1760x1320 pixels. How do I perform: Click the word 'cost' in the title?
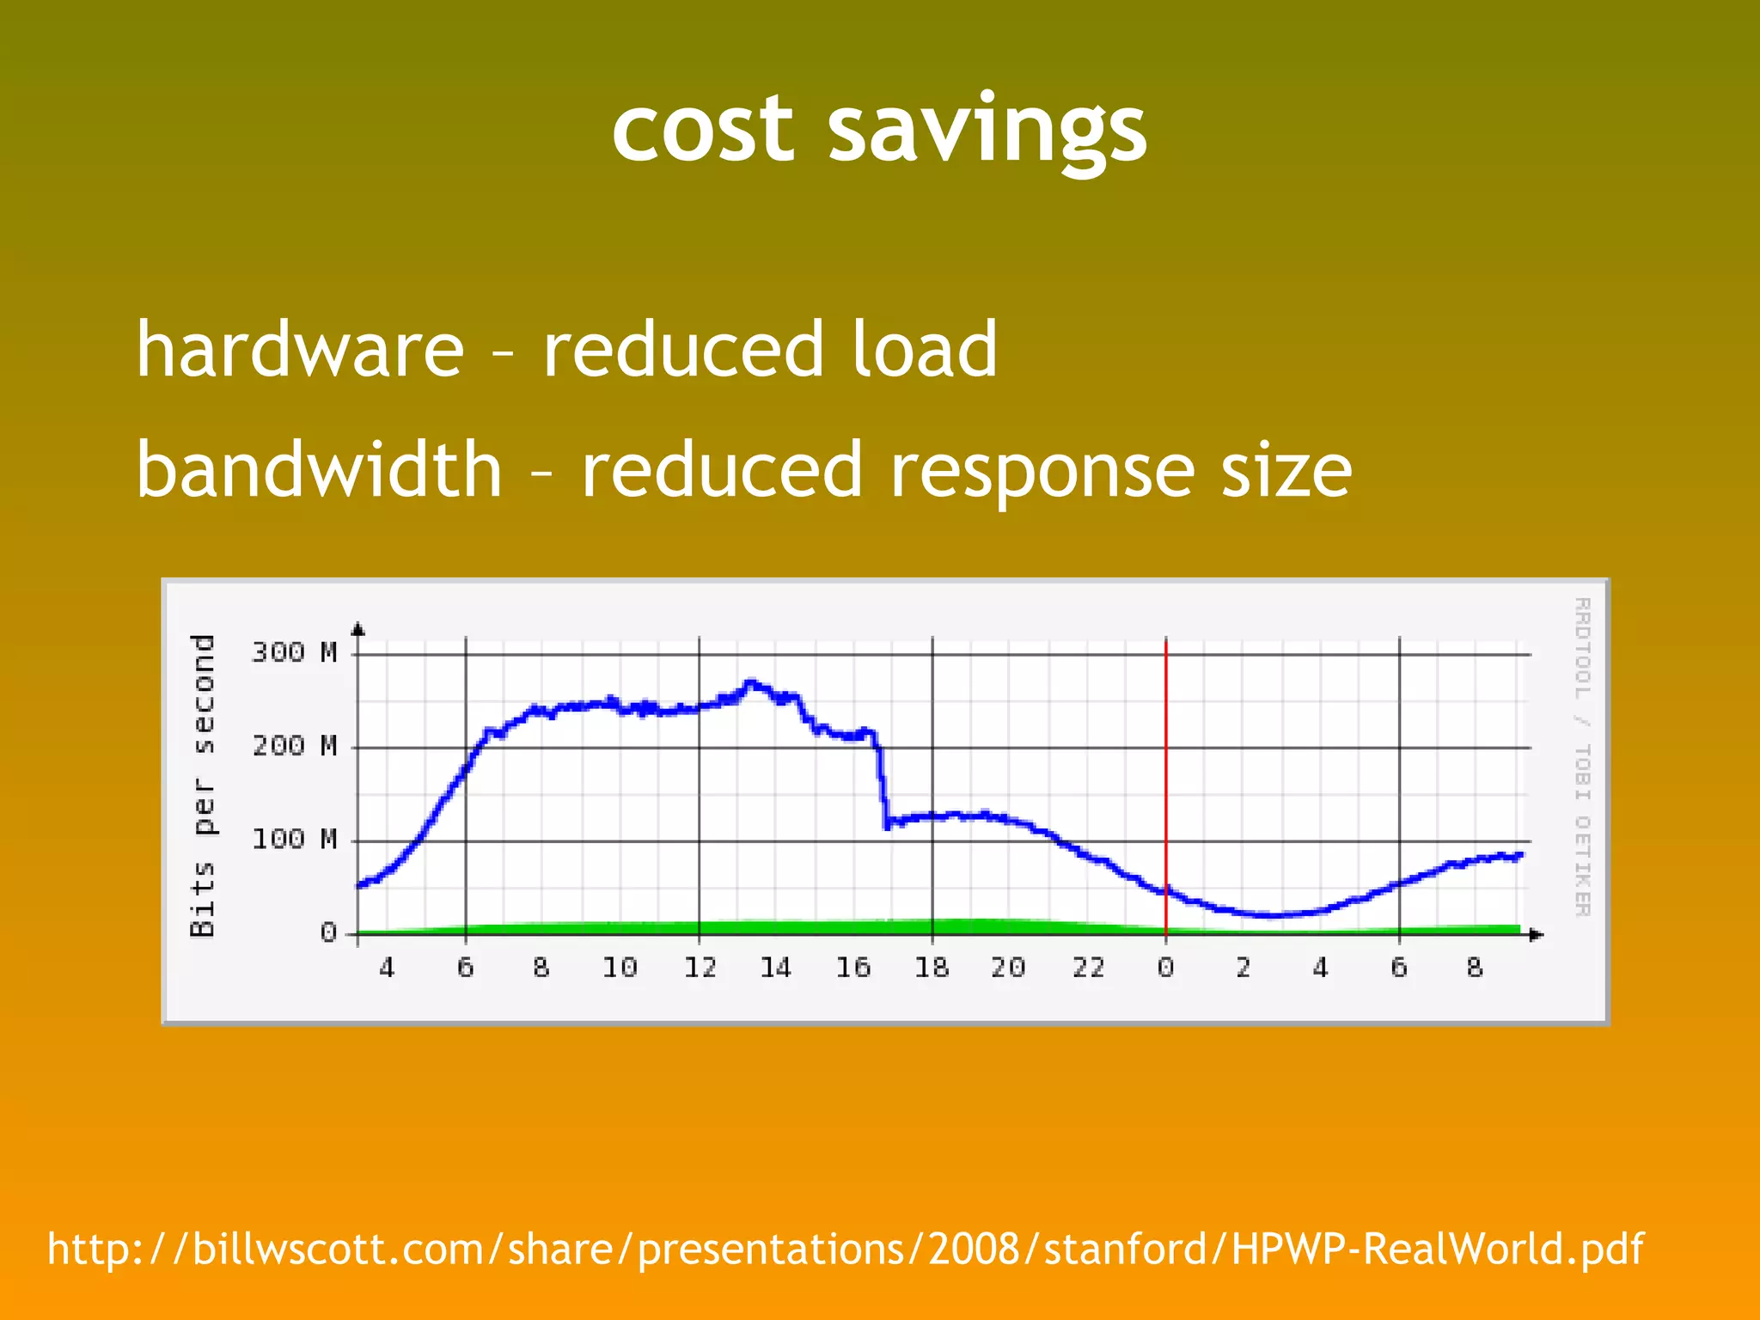click(702, 129)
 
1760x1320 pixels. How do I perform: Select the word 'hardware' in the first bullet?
click(300, 349)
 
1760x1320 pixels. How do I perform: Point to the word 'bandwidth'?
click(319, 469)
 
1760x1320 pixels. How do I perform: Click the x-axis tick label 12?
click(700, 969)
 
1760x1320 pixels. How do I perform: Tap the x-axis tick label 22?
click(1088, 969)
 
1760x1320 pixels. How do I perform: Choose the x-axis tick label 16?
click(853, 969)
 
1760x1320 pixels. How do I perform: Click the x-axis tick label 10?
click(620, 969)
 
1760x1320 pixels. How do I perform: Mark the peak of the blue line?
click(750, 684)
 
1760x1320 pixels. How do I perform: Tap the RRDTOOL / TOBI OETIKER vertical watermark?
click(1582, 756)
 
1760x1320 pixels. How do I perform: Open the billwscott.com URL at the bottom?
click(845, 1249)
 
